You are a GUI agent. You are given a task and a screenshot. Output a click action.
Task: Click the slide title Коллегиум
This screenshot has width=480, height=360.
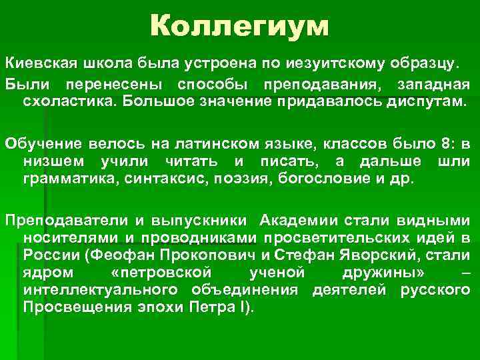coord(239,27)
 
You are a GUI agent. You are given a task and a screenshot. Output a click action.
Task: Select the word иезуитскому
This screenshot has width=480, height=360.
coord(318,64)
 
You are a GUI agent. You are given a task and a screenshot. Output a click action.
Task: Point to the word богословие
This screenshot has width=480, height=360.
coord(293,180)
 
